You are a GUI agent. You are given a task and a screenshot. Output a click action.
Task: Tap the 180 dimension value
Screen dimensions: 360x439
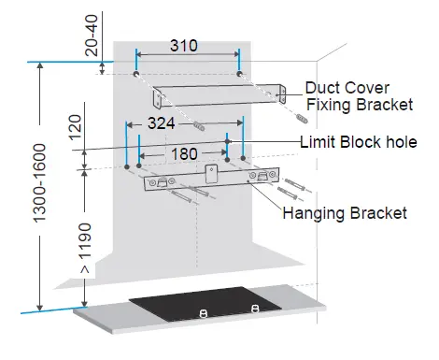click(x=184, y=151)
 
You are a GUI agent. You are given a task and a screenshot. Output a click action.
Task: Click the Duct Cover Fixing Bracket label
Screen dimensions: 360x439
click(x=359, y=96)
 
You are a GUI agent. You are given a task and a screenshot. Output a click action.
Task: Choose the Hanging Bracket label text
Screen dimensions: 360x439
click(x=345, y=213)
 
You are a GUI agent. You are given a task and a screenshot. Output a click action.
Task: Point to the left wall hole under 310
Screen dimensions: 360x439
click(x=136, y=73)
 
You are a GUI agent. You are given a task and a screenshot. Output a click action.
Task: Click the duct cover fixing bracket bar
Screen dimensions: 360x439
click(x=220, y=94)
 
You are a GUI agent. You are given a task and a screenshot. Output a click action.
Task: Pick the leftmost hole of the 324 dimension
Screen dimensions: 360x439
click(x=126, y=167)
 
